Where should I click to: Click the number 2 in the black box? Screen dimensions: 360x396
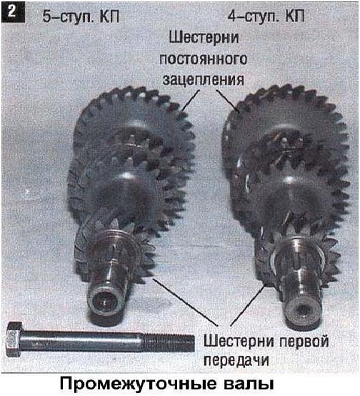[12, 12]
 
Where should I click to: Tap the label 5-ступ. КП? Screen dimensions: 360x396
[81, 17]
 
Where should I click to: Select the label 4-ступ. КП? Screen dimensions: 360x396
[266, 16]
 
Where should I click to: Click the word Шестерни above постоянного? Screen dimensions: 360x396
[204, 38]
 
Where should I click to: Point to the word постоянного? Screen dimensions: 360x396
[204, 59]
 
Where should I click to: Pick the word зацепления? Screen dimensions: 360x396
[204, 80]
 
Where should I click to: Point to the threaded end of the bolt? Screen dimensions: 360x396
[169, 342]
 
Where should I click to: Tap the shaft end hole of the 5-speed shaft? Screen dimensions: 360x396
[104, 301]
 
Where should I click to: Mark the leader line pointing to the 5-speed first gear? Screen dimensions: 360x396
[185, 302]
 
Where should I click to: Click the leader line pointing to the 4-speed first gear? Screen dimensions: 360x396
[249, 305]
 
